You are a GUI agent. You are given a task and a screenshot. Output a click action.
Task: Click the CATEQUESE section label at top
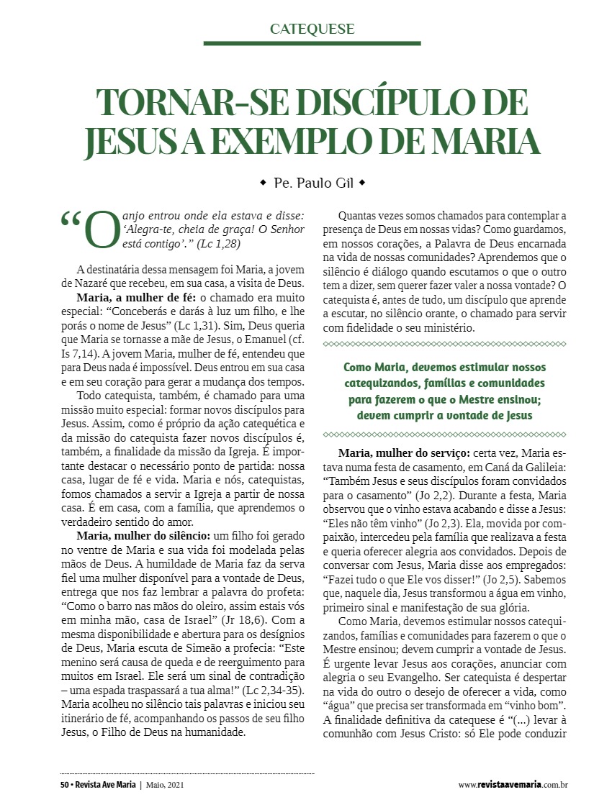(x=312, y=29)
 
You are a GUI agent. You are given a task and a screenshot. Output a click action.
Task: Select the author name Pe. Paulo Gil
(x=312, y=183)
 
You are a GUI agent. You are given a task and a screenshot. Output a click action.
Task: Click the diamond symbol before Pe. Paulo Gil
(x=263, y=183)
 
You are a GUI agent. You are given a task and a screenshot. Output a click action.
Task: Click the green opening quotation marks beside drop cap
(x=71, y=219)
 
